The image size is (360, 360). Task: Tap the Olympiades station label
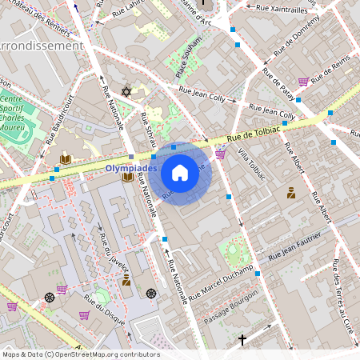pyautogui.click(x=131, y=169)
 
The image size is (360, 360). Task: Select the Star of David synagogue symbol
pyautogui.click(x=125, y=93)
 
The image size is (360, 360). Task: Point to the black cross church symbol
pyautogui.click(x=242, y=340)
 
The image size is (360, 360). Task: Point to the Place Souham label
pyautogui.click(x=188, y=66)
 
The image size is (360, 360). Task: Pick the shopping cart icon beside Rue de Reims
pyautogui.click(x=303, y=82)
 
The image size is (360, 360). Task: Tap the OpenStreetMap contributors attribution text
pyautogui.click(x=80, y=354)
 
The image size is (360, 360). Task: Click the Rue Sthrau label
pyautogui.click(x=148, y=131)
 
